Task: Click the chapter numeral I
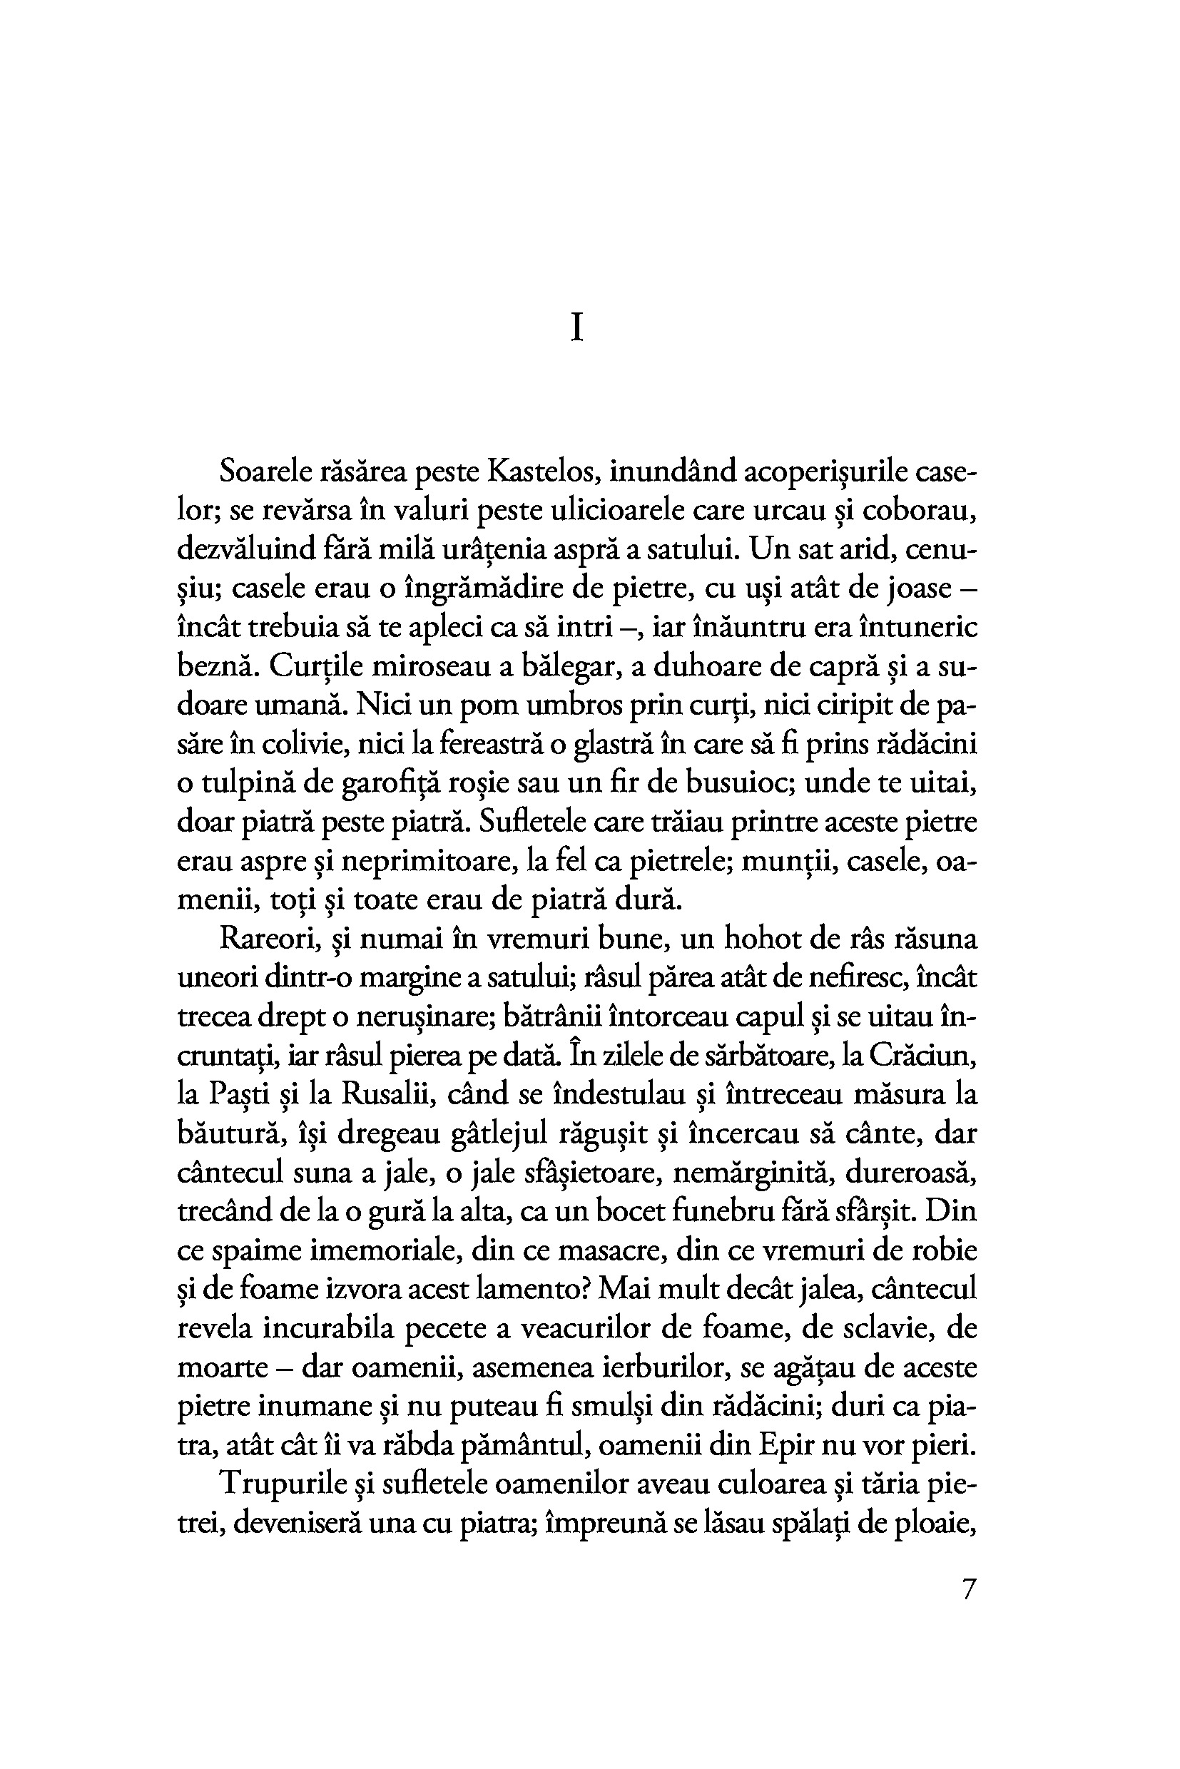[x=577, y=329]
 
